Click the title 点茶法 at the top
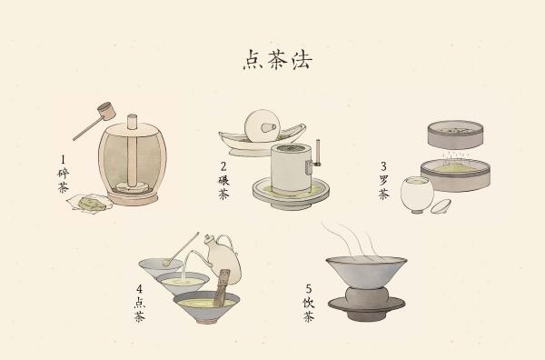pos(277,60)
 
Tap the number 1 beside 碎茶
pos(63,160)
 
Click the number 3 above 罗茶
pos(383,166)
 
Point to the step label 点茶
pos(139,309)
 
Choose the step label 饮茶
pos(308,309)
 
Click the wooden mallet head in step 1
pos(106,111)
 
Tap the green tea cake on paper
pos(91,203)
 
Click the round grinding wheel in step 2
pos(263,126)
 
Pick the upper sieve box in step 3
pos(455,135)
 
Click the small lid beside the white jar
pos(441,206)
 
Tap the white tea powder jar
pos(417,195)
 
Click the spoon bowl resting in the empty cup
pos(167,263)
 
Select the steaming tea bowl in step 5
pos(366,272)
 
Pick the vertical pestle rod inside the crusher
pos(132,152)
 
